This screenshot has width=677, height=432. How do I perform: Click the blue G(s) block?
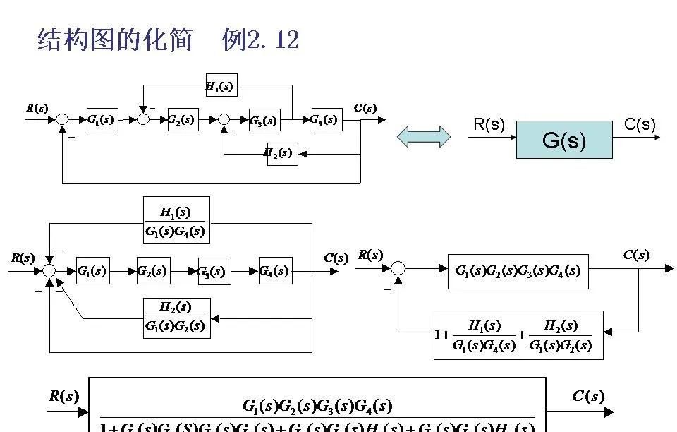point(564,140)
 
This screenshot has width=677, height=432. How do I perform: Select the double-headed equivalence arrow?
point(424,137)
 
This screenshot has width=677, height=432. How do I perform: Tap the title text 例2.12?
point(260,40)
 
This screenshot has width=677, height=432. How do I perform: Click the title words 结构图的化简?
point(115,40)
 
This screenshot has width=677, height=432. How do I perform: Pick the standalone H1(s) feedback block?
point(221,85)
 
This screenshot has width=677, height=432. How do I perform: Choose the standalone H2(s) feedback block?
point(281,153)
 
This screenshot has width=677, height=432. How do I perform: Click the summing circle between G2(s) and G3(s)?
point(224,120)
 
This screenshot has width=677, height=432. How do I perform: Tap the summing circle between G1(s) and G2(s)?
point(143,120)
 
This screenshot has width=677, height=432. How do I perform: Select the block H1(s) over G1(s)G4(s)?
point(176,220)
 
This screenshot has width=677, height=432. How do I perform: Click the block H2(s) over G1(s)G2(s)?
point(176,318)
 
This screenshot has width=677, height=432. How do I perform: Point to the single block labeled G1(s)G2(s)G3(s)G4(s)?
point(518,271)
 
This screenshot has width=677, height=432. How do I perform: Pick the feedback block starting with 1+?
point(518,335)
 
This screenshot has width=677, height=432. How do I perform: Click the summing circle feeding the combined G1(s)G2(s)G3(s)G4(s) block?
point(398,268)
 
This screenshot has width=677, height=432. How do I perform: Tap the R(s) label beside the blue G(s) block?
point(489,125)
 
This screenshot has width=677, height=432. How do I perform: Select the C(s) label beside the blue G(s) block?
point(640,125)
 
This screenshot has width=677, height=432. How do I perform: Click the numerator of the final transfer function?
point(317,406)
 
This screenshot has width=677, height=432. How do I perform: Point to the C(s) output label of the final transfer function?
point(588,396)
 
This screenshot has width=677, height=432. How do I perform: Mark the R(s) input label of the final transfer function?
point(63,396)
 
